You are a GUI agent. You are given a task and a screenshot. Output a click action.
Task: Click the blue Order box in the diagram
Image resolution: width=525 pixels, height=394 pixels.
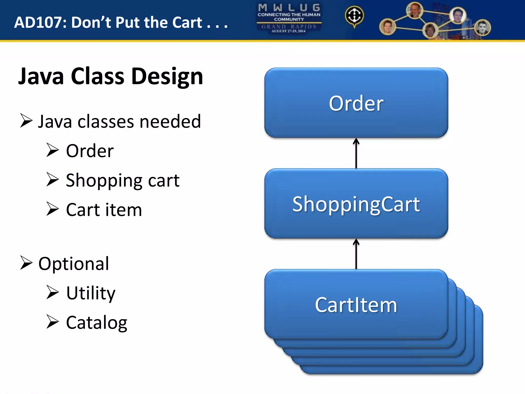click(x=356, y=103)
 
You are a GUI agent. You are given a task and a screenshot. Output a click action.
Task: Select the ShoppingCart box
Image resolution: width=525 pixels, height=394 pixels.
click(x=356, y=204)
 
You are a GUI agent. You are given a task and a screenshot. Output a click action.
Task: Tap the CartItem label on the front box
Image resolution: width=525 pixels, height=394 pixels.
click(x=356, y=305)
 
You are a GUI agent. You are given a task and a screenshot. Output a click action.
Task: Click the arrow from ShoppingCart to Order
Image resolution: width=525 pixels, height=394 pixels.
click(x=356, y=153)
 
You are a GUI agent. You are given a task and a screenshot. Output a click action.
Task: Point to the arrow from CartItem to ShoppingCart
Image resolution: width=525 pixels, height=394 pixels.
click(x=356, y=254)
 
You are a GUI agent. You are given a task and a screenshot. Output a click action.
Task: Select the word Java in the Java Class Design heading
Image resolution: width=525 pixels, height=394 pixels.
click(x=41, y=76)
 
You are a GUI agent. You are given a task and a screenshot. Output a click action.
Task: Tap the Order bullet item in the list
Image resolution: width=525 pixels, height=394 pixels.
click(x=90, y=151)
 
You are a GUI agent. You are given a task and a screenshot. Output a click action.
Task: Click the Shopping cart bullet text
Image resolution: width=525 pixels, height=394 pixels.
click(x=123, y=180)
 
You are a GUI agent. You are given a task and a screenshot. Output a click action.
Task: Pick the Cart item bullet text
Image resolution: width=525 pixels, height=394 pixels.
click(x=104, y=210)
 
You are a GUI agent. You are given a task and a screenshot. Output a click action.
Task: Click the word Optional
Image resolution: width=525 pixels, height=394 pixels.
click(x=74, y=264)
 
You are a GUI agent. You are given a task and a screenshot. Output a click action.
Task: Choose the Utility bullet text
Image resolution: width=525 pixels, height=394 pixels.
click(x=91, y=293)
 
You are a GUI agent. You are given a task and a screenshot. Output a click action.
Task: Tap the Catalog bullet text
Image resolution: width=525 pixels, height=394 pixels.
click(x=96, y=322)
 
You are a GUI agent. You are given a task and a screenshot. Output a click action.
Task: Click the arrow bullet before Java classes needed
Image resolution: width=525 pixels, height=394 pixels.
click(x=26, y=121)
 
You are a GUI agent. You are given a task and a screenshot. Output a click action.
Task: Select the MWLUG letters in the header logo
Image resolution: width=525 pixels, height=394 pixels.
click(x=289, y=8)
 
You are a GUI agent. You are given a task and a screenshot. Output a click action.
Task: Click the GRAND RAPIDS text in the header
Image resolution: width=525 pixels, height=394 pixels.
click(x=289, y=26)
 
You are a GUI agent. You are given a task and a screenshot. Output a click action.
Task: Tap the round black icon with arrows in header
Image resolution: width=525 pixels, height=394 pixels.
click(x=354, y=16)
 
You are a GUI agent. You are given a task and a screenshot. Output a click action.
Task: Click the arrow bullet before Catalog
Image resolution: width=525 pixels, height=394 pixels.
click(x=53, y=322)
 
